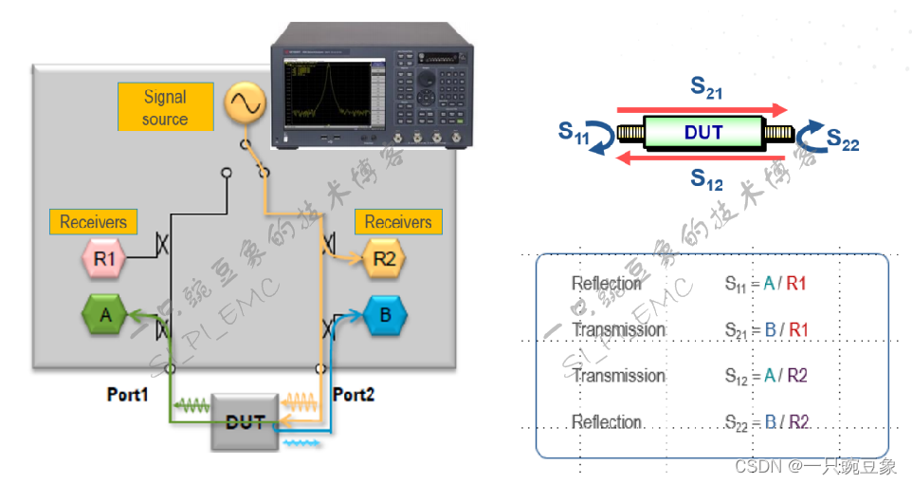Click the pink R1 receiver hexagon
[x=102, y=257]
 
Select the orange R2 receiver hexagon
[x=383, y=257]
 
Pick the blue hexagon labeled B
[x=384, y=314]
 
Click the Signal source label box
[x=165, y=107]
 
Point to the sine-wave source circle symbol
[x=243, y=105]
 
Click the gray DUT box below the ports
[x=244, y=419]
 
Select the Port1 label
[x=127, y=394]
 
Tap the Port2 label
[x=354, y=394]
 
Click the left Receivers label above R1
[x=93, y=222]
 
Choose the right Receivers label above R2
[x=398, y=222]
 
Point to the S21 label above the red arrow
[x=706, y=88]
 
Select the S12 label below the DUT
[x=706, y=177]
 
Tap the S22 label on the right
[x=842, y=141]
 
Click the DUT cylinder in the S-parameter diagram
[x=703, y=133]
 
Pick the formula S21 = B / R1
[x=765, y=329]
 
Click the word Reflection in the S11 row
[x=607, y=283]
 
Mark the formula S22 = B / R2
[x=766, y=422]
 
